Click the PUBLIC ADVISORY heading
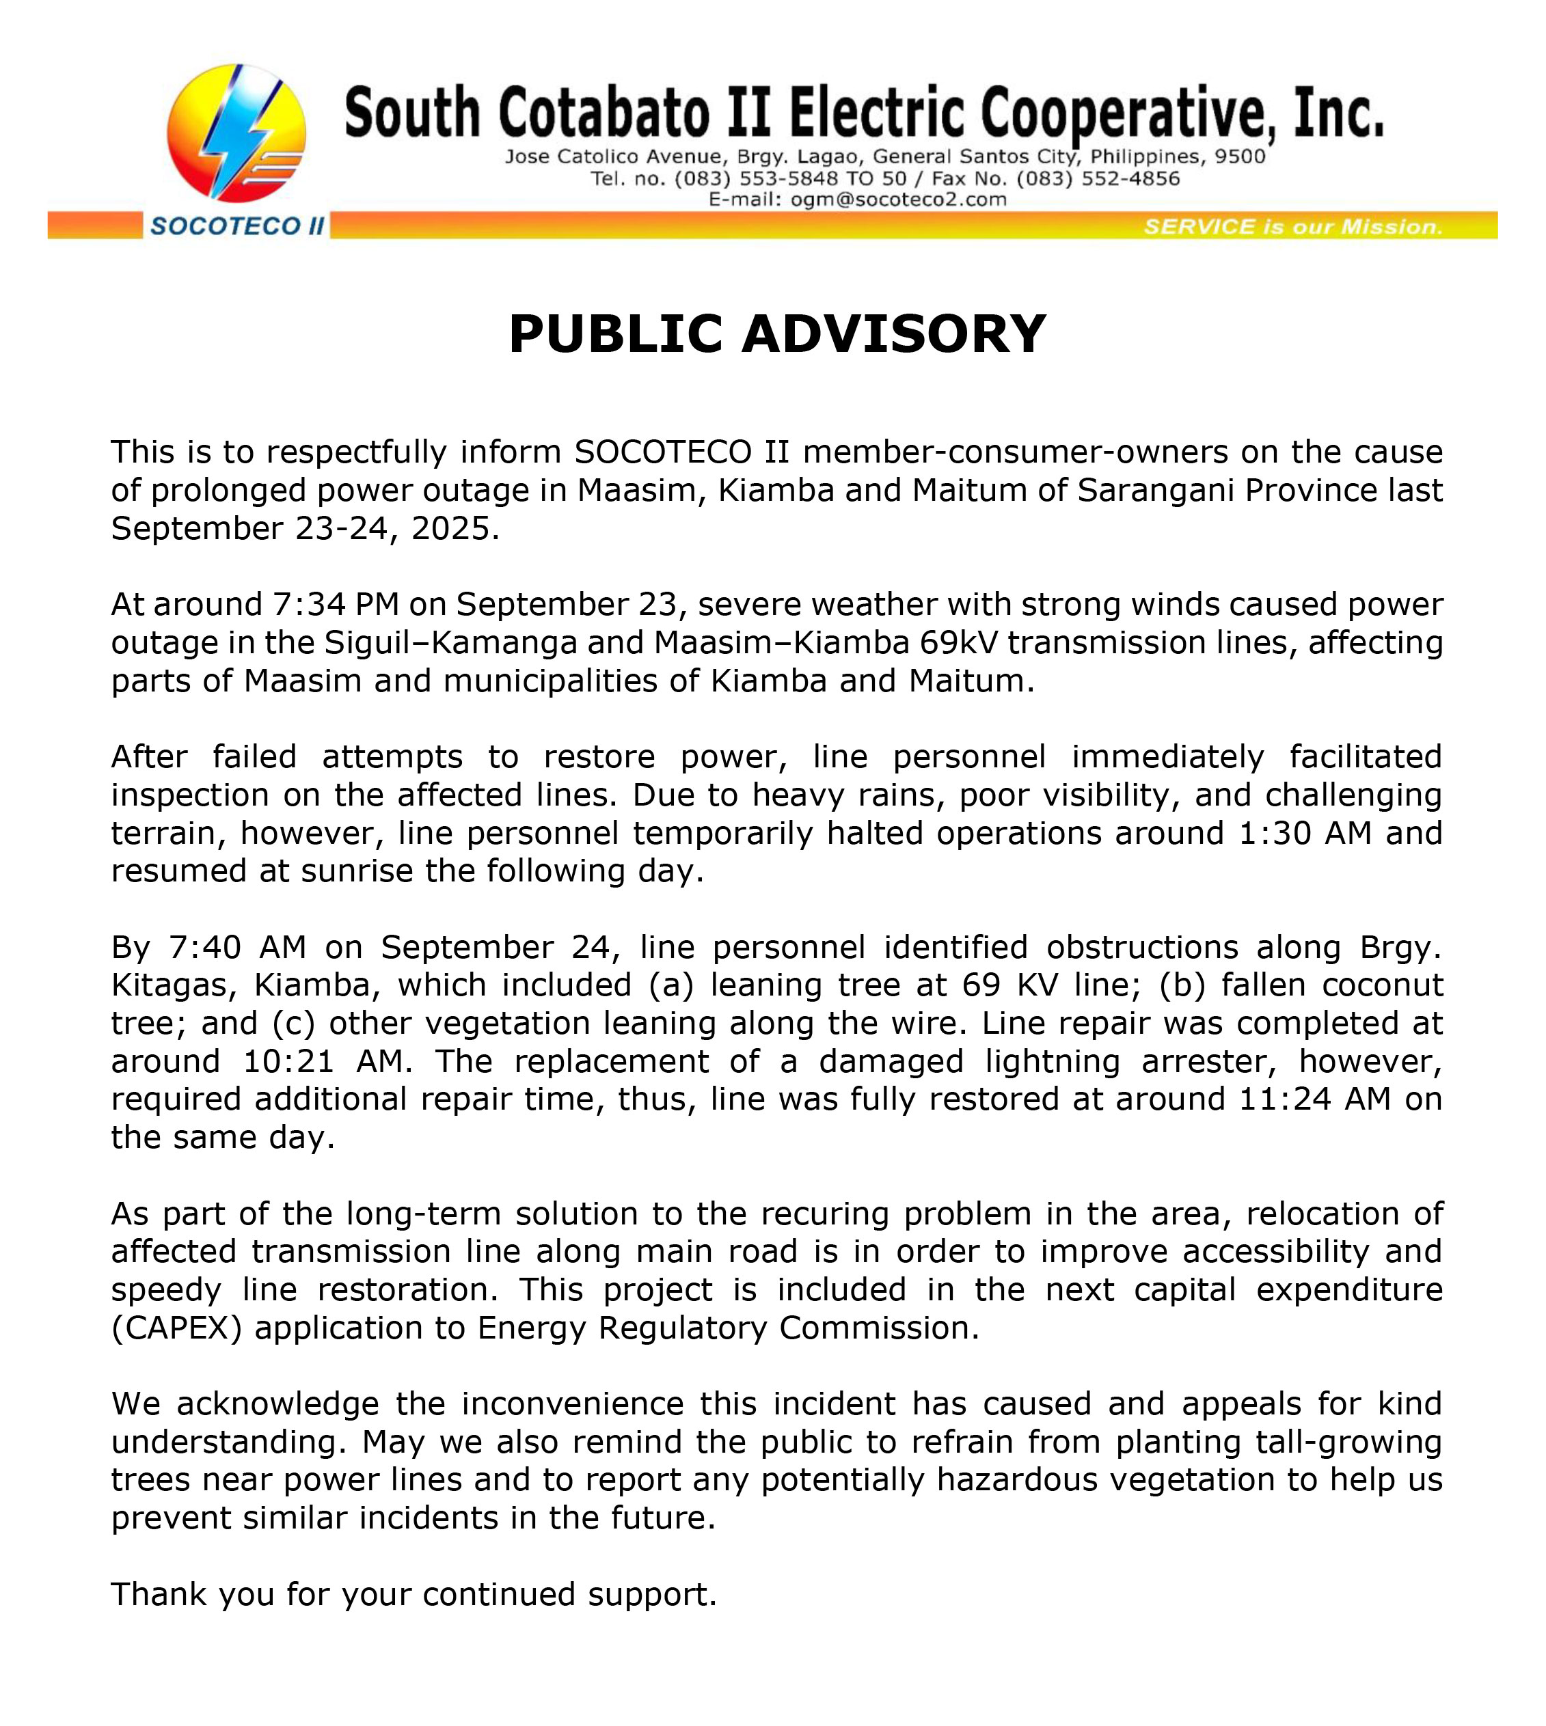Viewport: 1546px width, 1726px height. pos(776,334)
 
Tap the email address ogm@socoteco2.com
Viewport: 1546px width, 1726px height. pos(899,200)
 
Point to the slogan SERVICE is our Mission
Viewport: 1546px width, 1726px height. pos(1293,227)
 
